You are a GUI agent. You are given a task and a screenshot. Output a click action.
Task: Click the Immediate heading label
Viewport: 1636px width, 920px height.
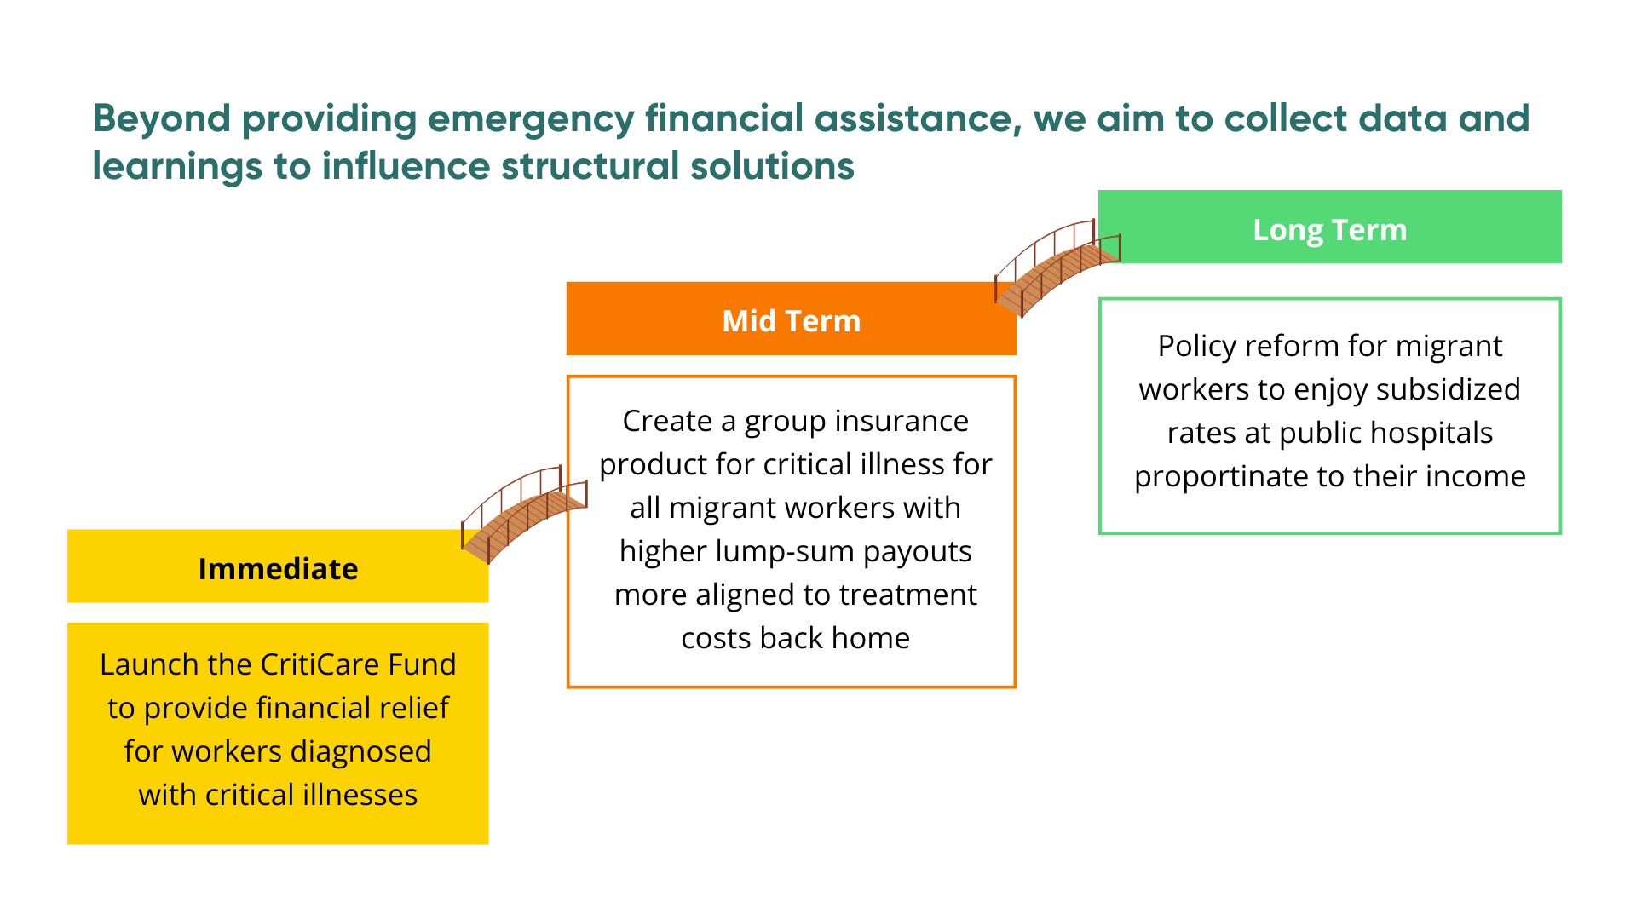[x=278, y=569]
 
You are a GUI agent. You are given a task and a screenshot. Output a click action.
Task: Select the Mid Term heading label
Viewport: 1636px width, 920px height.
[x=791, y=321]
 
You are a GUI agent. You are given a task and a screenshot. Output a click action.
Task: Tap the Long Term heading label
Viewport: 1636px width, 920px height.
[x=1329, y=230]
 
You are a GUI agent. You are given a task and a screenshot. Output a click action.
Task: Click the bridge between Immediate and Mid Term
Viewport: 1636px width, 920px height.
[x=524, y=515]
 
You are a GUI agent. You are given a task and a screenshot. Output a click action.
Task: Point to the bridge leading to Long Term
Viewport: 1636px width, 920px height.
[x=1057, y=268]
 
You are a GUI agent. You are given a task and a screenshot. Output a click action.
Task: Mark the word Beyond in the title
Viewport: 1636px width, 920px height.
[x=162, y=118]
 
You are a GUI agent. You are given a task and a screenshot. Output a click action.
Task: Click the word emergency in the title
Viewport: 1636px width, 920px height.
[x=531, y=118]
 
